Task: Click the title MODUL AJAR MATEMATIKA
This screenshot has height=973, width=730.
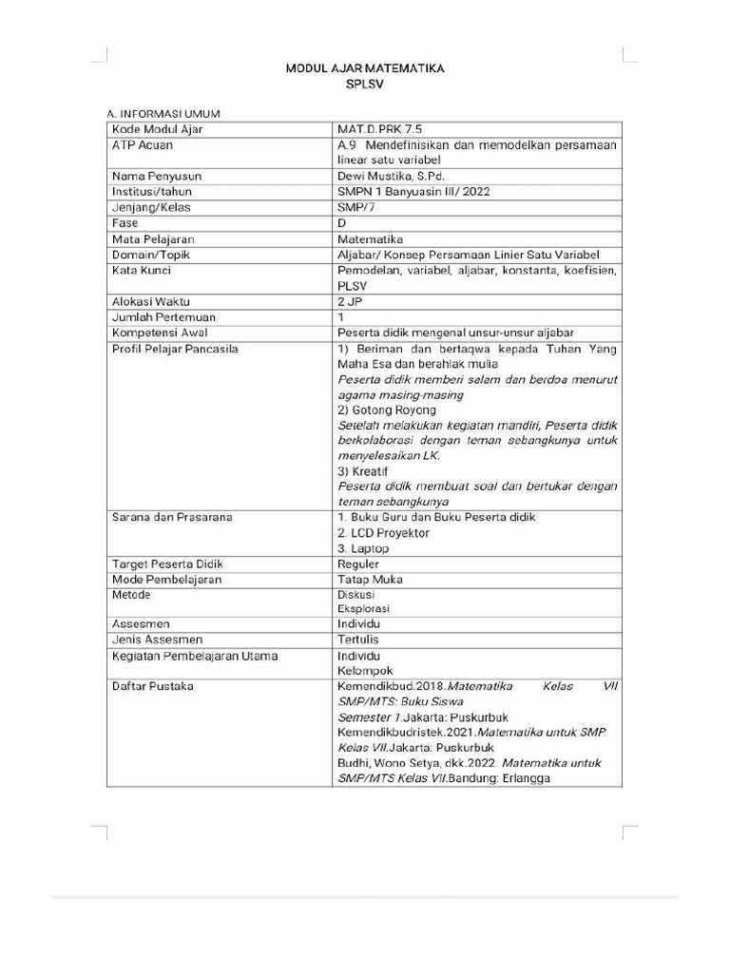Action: (365, 69)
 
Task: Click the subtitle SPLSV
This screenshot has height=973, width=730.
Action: (365, 85)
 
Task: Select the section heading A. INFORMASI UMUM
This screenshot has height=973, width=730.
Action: (163, 114)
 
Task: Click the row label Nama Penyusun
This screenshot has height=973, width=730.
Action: (157, 176)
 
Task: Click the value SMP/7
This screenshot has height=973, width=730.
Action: (356, 206)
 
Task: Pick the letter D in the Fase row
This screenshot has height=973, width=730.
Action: (342, 222)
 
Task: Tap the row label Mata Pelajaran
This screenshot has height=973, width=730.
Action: (153, 238)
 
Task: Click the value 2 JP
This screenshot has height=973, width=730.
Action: (351, 301)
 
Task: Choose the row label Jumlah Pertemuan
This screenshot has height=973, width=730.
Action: (163, 317)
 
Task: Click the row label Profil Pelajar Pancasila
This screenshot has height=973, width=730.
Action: (175, 349)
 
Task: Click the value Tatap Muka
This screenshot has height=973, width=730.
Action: (370, 579)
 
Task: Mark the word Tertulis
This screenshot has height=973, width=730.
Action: (359, 639)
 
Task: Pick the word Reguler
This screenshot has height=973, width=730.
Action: (358, 563)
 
